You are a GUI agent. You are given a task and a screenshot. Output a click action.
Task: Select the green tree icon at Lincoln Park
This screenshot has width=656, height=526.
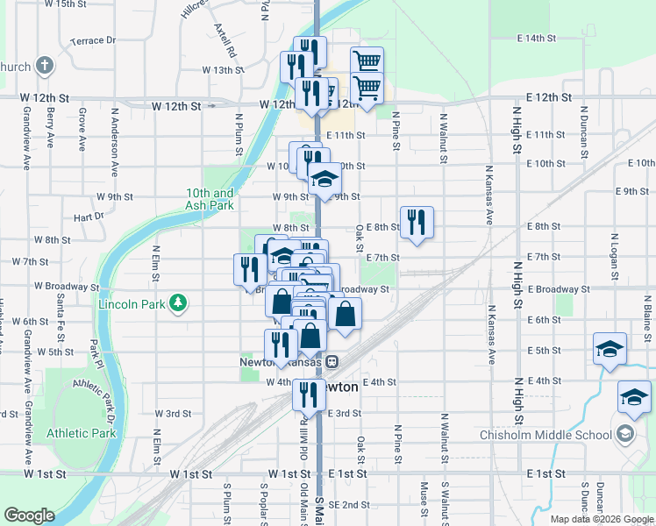coord(179,302)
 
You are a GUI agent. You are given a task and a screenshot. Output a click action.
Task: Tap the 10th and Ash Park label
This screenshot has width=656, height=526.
coord(210,199)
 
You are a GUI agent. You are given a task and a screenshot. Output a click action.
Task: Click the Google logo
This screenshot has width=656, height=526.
coord(29,515)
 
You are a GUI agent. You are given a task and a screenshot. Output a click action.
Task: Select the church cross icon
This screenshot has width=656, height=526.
coord(42,67)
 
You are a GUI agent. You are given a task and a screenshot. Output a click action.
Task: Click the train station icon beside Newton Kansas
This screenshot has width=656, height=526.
coord(332,362)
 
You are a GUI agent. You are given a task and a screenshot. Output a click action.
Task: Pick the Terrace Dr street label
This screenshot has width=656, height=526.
coord(93,40)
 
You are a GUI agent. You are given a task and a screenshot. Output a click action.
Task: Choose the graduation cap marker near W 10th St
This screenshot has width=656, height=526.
coord(324,180)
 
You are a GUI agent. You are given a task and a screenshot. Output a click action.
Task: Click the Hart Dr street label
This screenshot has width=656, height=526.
coord(89,217)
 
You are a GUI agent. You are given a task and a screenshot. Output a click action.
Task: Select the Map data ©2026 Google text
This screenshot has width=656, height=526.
coord(601,519)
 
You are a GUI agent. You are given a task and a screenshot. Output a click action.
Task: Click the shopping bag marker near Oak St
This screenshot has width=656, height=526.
coord(346,315)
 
